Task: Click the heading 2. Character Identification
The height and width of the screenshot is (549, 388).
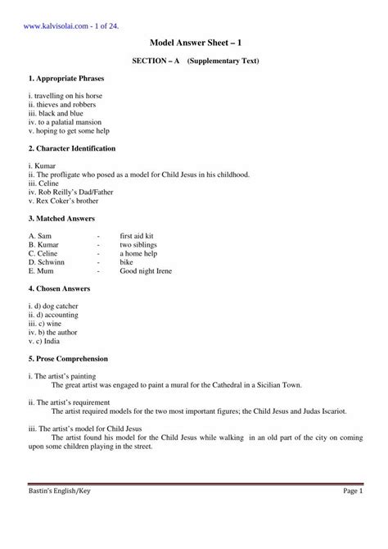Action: point(71,148)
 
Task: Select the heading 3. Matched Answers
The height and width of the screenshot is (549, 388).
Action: point(61,219)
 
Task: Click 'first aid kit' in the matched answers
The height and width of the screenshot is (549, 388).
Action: point(137,236)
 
